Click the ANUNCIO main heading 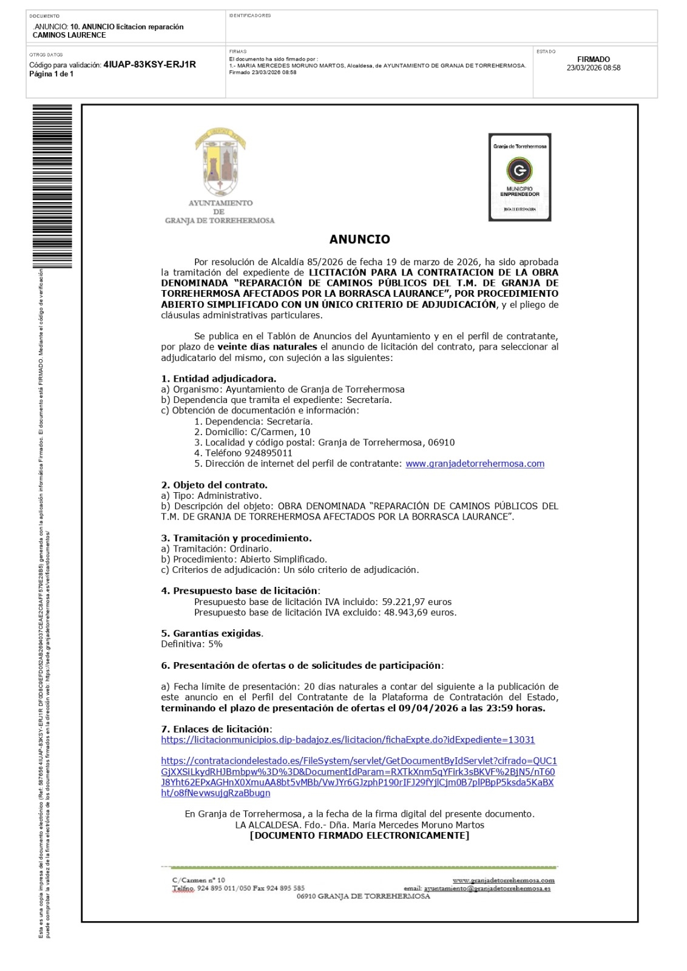359,239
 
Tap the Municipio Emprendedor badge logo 519,177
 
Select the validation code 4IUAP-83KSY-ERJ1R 149,64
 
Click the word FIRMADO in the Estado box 593,59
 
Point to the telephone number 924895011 268,453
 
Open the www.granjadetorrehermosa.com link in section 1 475,464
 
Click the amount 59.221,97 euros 416,602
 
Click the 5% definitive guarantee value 215,644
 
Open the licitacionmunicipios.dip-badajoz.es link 348,740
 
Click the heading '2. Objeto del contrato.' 214,485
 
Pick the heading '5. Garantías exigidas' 212,634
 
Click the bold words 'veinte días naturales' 267,347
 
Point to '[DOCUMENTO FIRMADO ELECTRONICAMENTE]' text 359,836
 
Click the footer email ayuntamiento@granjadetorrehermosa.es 487,888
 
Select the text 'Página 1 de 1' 52,74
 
